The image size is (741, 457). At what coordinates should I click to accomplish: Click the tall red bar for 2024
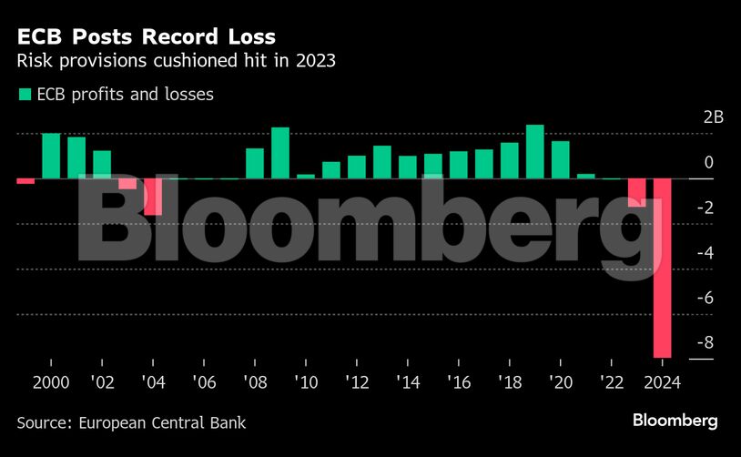click(x=662, y=268)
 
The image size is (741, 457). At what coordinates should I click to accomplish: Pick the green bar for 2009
click(x=280, y=153)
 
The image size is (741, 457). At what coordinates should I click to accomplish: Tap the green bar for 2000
click(x=51, y=156)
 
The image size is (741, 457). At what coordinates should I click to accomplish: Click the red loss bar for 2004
click(x=153, y=197)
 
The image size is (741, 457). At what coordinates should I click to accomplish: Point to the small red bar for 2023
click(x=637, y=190)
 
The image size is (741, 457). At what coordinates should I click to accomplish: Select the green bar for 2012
click(x=357, y=167)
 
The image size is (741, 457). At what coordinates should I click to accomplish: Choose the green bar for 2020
click(x=561, y=160)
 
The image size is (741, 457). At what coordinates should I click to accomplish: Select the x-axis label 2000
click(x=51, y=383)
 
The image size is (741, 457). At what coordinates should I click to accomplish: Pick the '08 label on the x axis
click(x=255, y=383)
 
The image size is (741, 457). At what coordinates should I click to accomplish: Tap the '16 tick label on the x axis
click(x=459, y=383)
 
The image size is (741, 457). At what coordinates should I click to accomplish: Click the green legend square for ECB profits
click(x=24, y=94)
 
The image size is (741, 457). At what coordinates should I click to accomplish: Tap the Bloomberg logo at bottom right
click(x=675, y=421)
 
